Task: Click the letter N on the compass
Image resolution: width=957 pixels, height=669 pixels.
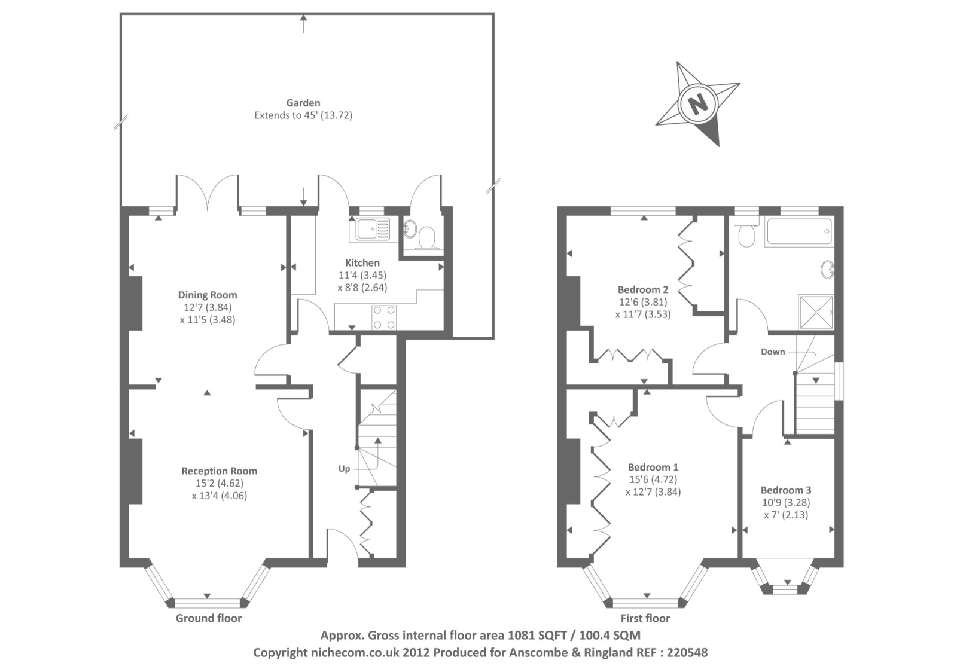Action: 697,105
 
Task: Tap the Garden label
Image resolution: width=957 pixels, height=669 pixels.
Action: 303,103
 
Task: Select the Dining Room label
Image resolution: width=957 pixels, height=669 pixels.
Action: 208,295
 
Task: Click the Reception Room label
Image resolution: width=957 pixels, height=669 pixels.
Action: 220,471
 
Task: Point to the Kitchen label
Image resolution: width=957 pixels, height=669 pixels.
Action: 362,263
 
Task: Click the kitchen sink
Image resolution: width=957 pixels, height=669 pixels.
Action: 372,228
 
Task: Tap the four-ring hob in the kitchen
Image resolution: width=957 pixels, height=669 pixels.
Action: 383,317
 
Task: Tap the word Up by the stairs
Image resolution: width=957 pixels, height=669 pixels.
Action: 344,469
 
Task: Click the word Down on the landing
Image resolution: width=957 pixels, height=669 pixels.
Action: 773,352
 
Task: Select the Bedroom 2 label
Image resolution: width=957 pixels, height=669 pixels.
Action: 643,289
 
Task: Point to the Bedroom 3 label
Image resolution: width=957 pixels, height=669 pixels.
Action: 786,490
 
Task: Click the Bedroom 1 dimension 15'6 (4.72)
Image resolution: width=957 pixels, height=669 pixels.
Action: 653,479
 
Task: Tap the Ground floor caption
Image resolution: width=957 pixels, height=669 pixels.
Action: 209,618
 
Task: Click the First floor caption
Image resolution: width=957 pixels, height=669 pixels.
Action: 645,618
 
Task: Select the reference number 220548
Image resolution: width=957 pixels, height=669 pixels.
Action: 687,652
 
